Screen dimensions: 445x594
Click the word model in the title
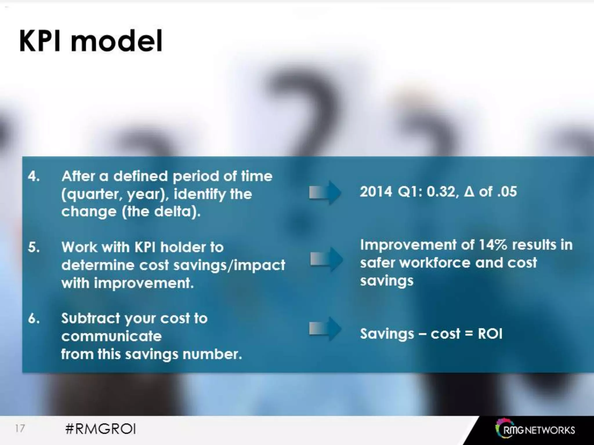tap(116, 41)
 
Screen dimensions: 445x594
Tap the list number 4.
tap(34, 176)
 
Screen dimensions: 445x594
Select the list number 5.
tap(34, 247)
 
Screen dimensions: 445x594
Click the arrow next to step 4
tap(325, 193)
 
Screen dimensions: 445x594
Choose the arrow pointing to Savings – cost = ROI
tap(325, 329)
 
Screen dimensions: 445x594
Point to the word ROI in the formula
tap(490, 334)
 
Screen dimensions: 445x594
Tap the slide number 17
tap(20, 428)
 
